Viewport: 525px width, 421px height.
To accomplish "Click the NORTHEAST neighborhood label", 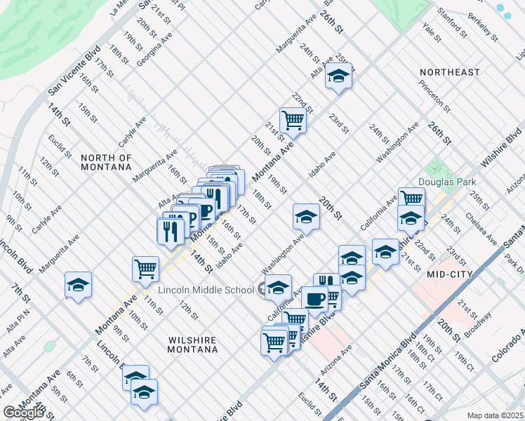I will click(x=450, y=72).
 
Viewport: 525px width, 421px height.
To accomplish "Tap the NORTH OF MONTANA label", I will click(x=106, y=162).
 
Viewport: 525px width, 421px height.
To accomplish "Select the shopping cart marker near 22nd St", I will click(x=293, y=120).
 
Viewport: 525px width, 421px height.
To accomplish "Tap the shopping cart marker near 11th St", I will click(x=145, y=269).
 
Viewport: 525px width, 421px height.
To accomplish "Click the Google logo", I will click(x=23, y=413).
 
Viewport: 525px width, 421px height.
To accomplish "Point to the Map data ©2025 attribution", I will click(x=495, y=415).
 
